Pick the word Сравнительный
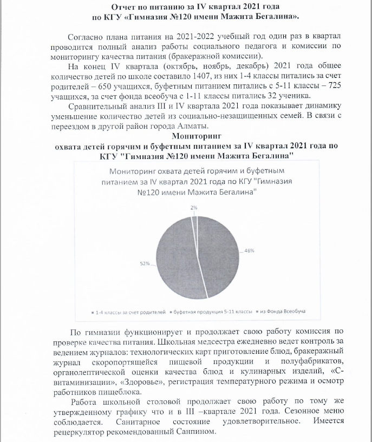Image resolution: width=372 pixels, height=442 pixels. coord(100,105)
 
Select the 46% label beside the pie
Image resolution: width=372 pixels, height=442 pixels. coord(249,250)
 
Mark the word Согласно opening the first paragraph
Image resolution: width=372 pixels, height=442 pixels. coord(86,37)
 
